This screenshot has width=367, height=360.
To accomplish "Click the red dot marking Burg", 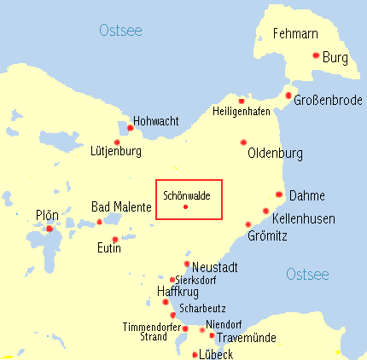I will tap(316, 55).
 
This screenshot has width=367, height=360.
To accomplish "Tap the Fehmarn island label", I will tap(294, 35).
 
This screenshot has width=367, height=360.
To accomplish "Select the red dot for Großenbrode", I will tap(288, 96).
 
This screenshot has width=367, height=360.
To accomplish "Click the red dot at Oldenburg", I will tap(243, 142).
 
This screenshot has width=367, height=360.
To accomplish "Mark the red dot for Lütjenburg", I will tap(117, 142).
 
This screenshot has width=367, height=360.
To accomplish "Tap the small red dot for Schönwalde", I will tap(185, 207).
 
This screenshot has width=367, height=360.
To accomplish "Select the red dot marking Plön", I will tap(50, 229).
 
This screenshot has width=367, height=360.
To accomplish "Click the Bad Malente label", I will tap(121, 207).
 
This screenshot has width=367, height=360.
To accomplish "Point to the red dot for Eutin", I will tap(115, 239).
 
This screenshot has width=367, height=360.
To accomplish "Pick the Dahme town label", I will tap(306, 195).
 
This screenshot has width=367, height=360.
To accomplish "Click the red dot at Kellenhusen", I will tap(265, 211).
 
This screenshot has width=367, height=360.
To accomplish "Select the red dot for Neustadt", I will tap(187, 264).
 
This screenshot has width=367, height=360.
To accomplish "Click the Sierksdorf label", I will tap(195, 280).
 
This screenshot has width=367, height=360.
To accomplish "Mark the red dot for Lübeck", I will tap(195, 354).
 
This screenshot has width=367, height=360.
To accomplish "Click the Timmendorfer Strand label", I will tap(153, 331).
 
